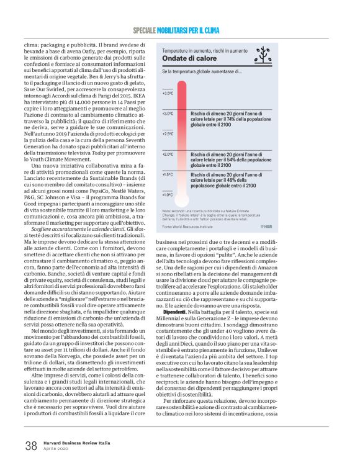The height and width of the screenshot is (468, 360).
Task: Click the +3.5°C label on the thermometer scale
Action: point(168,93)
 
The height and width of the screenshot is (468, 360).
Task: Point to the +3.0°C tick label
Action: point(168,114)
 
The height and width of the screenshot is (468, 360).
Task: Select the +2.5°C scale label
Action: point(168,133)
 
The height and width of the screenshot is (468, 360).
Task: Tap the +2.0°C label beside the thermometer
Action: point(168,153)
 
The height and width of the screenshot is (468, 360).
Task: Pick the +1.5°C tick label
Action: point(168,174)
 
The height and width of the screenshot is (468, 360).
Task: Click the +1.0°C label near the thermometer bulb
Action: point(168,194)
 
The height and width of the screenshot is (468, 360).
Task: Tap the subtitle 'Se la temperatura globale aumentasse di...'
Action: point(202,72)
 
